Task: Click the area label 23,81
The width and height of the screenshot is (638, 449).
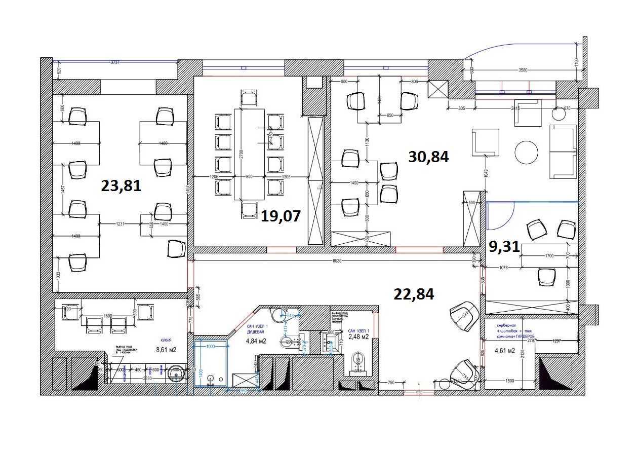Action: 121,186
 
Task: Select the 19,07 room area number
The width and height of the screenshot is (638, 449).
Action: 281,216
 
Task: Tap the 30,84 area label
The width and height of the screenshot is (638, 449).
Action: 428,157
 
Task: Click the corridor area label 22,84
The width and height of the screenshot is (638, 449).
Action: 414,293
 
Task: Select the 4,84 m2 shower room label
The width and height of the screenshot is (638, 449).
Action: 256,341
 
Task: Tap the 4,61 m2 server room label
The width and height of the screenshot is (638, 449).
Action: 504,350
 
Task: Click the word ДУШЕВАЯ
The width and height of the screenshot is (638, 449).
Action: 256,333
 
